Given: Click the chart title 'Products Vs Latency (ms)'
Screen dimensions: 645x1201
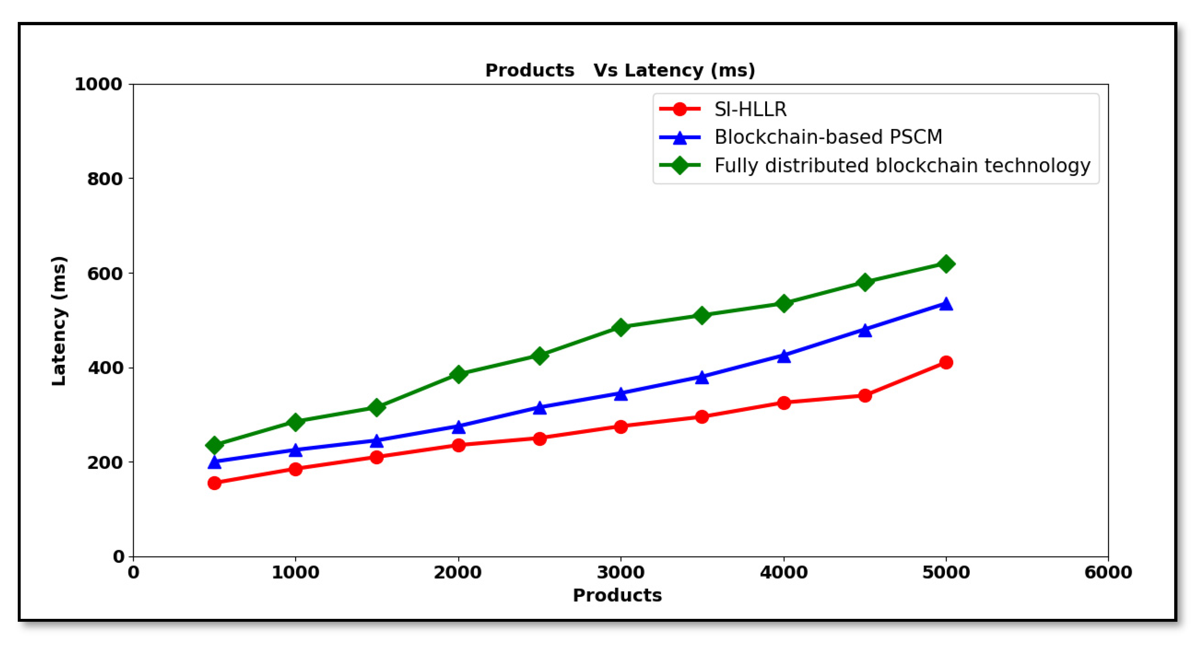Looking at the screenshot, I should click(x=620, y=70).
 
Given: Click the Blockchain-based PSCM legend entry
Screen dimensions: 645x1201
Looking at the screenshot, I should click(x=828, y=137).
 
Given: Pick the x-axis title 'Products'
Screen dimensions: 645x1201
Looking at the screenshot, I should click(x=617, y=595).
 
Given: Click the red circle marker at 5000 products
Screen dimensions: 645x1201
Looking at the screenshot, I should click(x=946, y=363).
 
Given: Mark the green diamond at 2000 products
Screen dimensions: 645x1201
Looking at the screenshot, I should click(x=458, y=374).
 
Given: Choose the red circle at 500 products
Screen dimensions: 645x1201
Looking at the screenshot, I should click(x=214, y=483).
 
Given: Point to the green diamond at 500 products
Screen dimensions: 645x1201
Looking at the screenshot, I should click(x=214, y=445).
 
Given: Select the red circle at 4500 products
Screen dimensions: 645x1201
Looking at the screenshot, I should click(x=865, y=396).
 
